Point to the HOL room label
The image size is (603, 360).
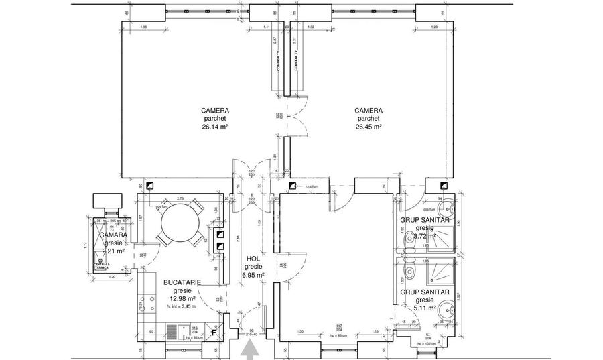(x=253, y=259)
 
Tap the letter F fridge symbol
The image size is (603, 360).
(x=214, y=331)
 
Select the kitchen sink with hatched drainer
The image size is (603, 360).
(x=173, y=331)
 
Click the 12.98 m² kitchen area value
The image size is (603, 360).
(x=182, y=299)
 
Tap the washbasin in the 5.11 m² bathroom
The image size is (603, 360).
(x=448, y=310)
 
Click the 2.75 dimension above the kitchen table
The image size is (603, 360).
(x=180, y=200)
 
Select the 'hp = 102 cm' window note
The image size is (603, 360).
(x=428, y=343)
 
